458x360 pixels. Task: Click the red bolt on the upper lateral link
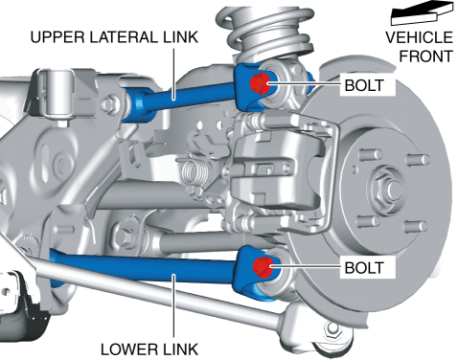click(260, 83)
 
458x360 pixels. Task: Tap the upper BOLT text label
click(364, 85)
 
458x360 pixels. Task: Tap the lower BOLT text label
click(364, 268)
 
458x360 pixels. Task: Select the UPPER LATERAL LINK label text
click(114, 37)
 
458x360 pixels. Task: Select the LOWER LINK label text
click(149, 349)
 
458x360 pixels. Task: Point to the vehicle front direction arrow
click(423, 12)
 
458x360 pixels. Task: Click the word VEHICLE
click(419, 37)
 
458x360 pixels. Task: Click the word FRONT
click(426, 56)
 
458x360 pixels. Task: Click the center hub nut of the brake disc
click(388, 189)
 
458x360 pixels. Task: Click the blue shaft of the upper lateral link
click(190, 96)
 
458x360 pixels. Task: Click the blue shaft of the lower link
click(144, 265)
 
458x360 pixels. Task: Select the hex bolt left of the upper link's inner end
click(110, 102)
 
